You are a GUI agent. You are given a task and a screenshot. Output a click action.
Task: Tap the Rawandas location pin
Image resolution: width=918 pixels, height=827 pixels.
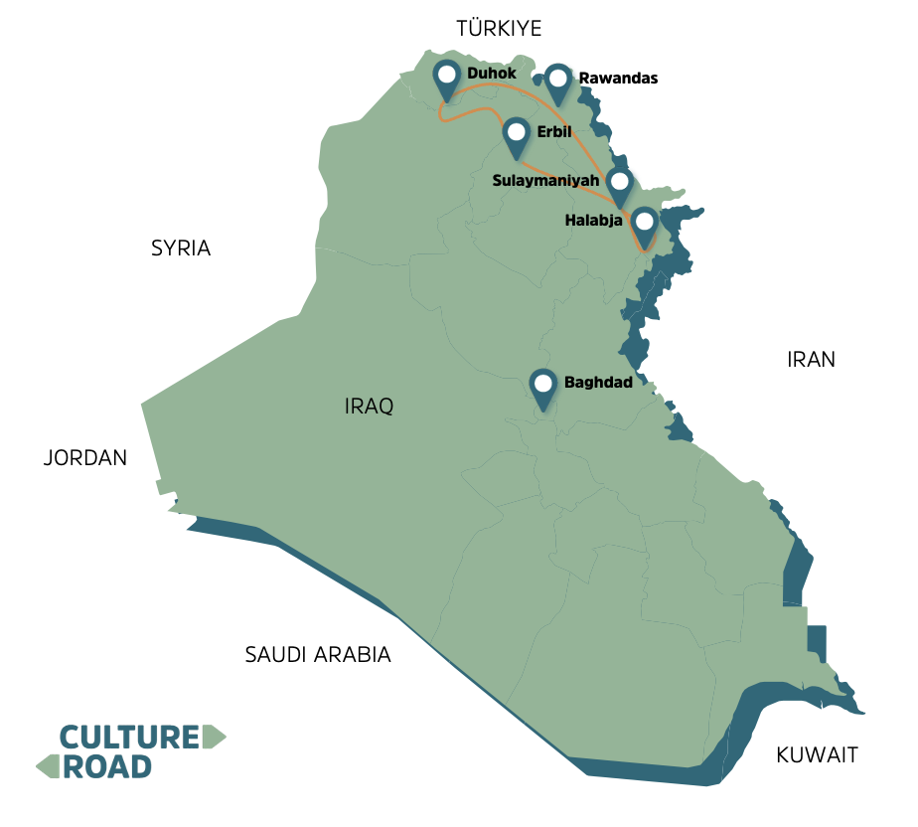[x=559, y=82]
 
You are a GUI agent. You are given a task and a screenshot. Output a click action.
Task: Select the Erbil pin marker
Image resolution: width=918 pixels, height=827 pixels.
[x=516, y=134]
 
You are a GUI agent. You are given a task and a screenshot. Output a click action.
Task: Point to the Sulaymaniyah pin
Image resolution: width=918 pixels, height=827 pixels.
[x=620, y=184]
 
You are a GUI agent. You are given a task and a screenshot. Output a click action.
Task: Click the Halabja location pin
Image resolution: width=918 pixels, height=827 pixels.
[x=645, y=225]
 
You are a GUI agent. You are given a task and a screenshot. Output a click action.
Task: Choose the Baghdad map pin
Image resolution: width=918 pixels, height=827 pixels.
[x=542, y=386]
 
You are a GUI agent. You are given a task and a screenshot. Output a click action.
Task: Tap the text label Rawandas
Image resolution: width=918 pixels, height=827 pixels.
[x=618, y=78]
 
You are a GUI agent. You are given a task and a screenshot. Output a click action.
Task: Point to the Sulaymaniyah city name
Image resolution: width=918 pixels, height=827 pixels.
[x=546, y=181]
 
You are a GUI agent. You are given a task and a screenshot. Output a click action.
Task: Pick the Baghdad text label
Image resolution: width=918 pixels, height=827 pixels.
[x=598, y=382]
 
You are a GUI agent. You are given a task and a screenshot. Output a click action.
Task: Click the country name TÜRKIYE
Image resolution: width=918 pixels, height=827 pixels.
[x=499, y=28]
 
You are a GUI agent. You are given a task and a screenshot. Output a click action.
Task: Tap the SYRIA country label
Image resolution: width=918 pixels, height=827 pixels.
[x=181, y=248]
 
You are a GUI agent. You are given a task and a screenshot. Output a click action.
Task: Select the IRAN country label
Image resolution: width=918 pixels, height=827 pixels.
[x=811, y=360]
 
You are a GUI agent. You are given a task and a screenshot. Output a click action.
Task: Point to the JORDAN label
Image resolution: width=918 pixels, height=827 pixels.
[x=85, y=458]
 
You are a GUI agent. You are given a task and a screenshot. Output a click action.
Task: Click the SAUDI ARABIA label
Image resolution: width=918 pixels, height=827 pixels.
[x=318, y=655]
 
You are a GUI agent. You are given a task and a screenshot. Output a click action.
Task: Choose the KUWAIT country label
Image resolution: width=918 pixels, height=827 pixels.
[x=817, y=754]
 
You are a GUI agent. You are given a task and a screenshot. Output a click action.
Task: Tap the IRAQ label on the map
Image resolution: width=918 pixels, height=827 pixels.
[x=370, y=407]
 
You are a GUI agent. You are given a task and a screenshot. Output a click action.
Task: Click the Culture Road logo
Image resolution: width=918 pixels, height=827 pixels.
[x=129, y=751]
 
